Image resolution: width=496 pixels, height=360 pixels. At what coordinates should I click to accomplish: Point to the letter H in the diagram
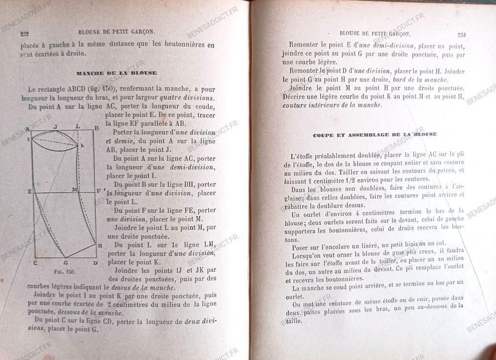(100, 246)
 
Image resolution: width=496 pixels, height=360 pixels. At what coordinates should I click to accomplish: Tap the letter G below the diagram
(65, 263)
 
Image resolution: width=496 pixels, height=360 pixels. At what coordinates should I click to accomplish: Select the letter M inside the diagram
(75, 189)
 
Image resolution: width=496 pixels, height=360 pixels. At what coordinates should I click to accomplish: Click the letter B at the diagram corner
(96, 128)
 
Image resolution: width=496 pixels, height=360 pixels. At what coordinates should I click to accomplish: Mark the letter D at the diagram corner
(95, 263)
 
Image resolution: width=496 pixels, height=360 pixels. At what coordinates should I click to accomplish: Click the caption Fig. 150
(63, 272)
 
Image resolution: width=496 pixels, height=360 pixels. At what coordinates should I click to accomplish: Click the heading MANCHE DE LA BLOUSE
(116, 73)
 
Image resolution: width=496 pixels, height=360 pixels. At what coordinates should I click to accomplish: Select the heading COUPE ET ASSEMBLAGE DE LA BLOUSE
(374, 134)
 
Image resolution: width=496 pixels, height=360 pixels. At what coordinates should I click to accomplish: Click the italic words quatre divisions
(193, 98)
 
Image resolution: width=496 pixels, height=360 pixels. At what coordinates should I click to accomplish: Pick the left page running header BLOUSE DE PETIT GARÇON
(116, 32)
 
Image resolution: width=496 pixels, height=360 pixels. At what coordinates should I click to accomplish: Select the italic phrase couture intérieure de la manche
(331, 105)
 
